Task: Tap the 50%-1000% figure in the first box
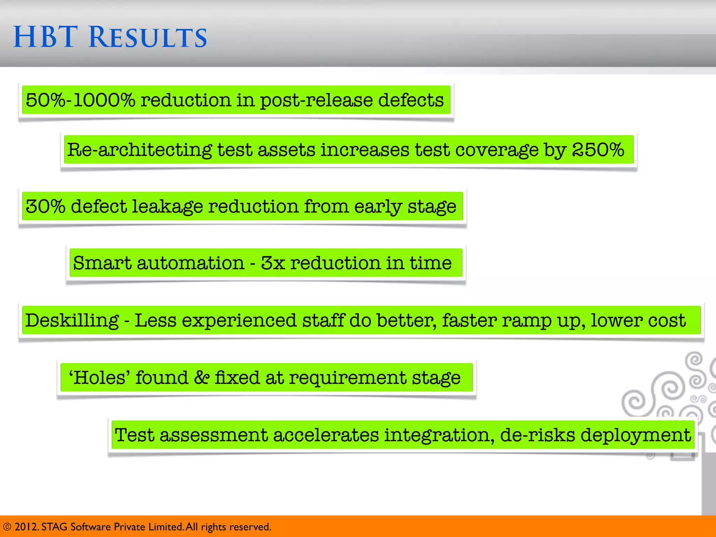[80, 100]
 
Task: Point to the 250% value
[598, 150]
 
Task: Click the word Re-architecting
[139, 150]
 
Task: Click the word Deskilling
[72, 320]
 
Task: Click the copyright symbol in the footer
[7, 527]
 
